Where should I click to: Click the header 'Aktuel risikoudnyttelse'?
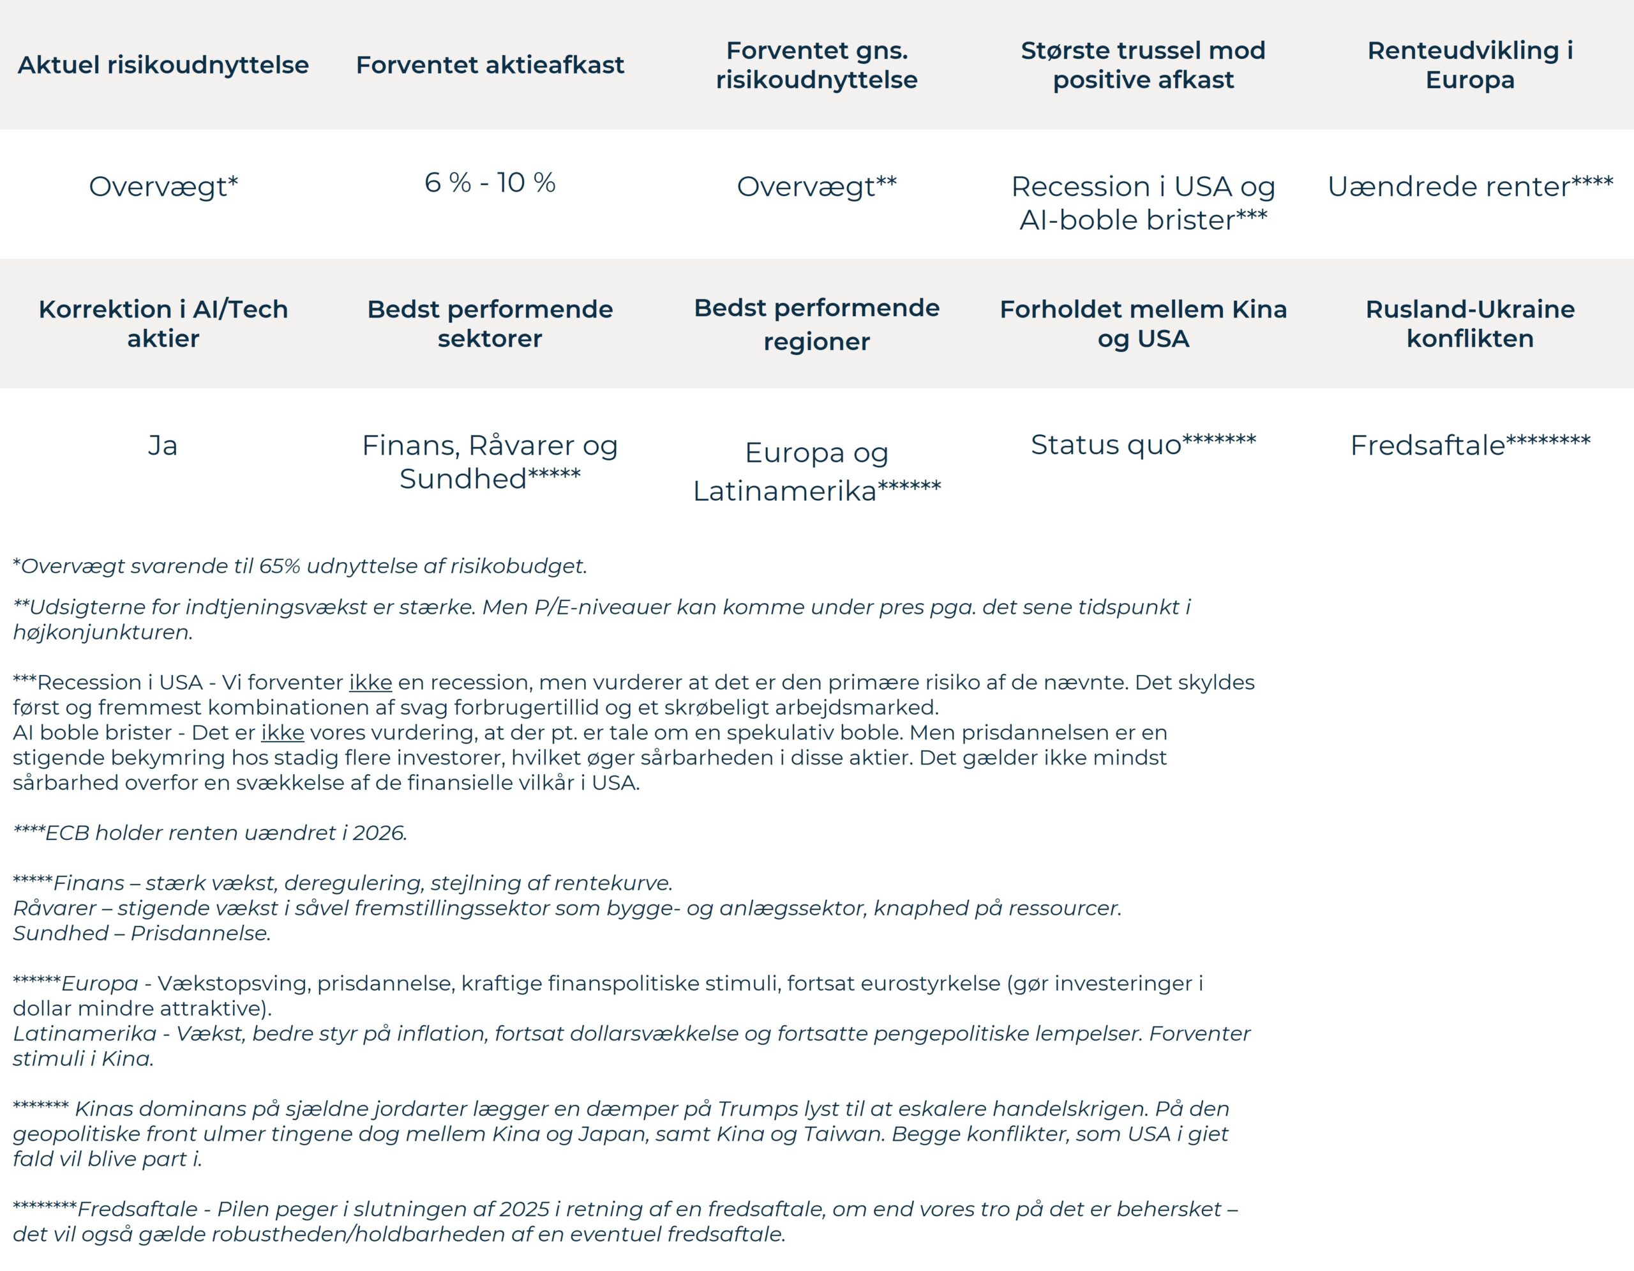coord(163,65)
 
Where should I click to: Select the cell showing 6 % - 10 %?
coord(490,183)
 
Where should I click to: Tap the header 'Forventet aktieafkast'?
coord(490,65)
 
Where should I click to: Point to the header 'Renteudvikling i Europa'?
coord(1470,65)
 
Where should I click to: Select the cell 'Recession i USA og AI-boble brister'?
coord(1143,203)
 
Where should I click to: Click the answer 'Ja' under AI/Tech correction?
coord(162,445)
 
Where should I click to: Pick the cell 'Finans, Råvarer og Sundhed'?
coord(490,462)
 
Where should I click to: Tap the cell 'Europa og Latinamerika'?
coord(817,471)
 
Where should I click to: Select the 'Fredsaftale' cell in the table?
coord(1427,445)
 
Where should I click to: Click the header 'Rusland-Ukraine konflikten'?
coord(1470,323)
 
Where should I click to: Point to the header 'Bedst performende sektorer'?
coord(490,323)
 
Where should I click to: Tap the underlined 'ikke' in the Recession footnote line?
coord(370,683)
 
